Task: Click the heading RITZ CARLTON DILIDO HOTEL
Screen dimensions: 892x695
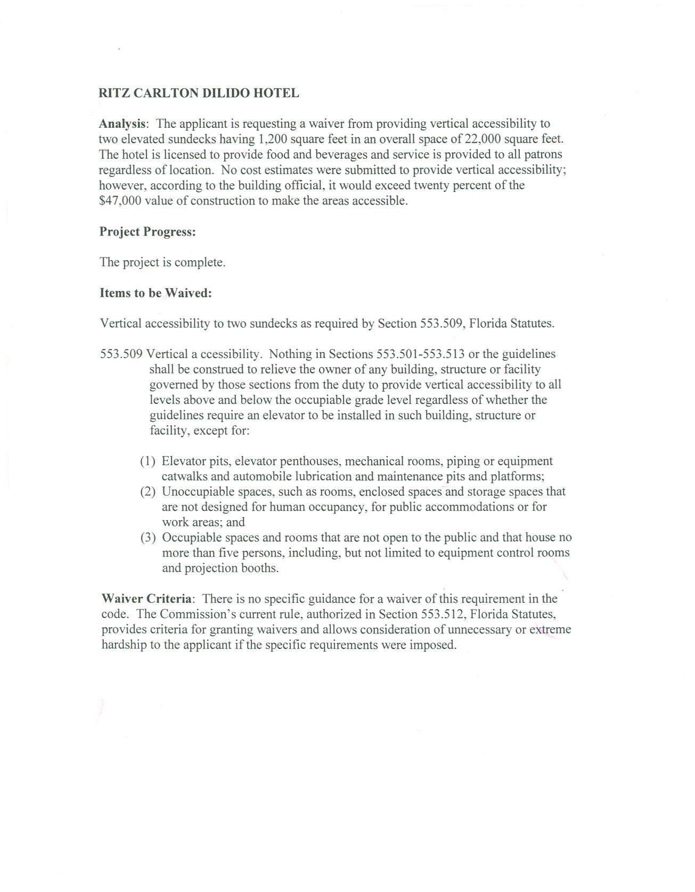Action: click(199, 93)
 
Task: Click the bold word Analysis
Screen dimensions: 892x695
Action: click(122, 124)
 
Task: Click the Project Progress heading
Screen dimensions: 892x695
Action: click(148, 232)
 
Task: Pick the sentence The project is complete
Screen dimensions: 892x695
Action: click(162, 263)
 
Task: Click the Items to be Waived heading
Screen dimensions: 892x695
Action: click(156, 294)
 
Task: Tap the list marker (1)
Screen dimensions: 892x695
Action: click(148, 461)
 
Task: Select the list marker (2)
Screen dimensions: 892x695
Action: click(148, 492)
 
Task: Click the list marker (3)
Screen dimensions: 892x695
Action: click(148, 538)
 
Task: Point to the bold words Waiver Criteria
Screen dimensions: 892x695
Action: click(146, 599)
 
